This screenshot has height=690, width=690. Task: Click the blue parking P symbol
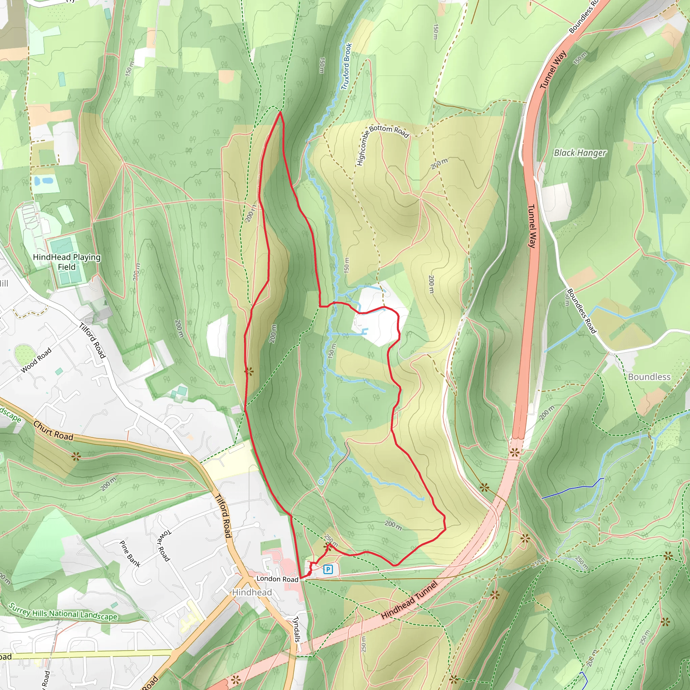328,569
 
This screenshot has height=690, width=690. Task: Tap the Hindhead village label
252,592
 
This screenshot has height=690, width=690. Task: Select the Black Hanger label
580,153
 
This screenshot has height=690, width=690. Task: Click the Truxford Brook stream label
346,66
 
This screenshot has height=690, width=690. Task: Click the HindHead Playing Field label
67,262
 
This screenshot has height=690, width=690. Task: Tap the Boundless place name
649,377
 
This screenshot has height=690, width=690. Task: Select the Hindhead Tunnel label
409,600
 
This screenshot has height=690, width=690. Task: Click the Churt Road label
53,430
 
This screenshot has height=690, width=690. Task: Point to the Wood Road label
36,360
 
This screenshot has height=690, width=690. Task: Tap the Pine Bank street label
130,554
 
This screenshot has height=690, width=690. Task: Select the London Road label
277,578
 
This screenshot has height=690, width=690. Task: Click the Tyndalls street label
296,629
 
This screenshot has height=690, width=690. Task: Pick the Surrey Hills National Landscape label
63,611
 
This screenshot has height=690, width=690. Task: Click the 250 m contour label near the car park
331,541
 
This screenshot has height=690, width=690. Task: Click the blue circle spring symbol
321,482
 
